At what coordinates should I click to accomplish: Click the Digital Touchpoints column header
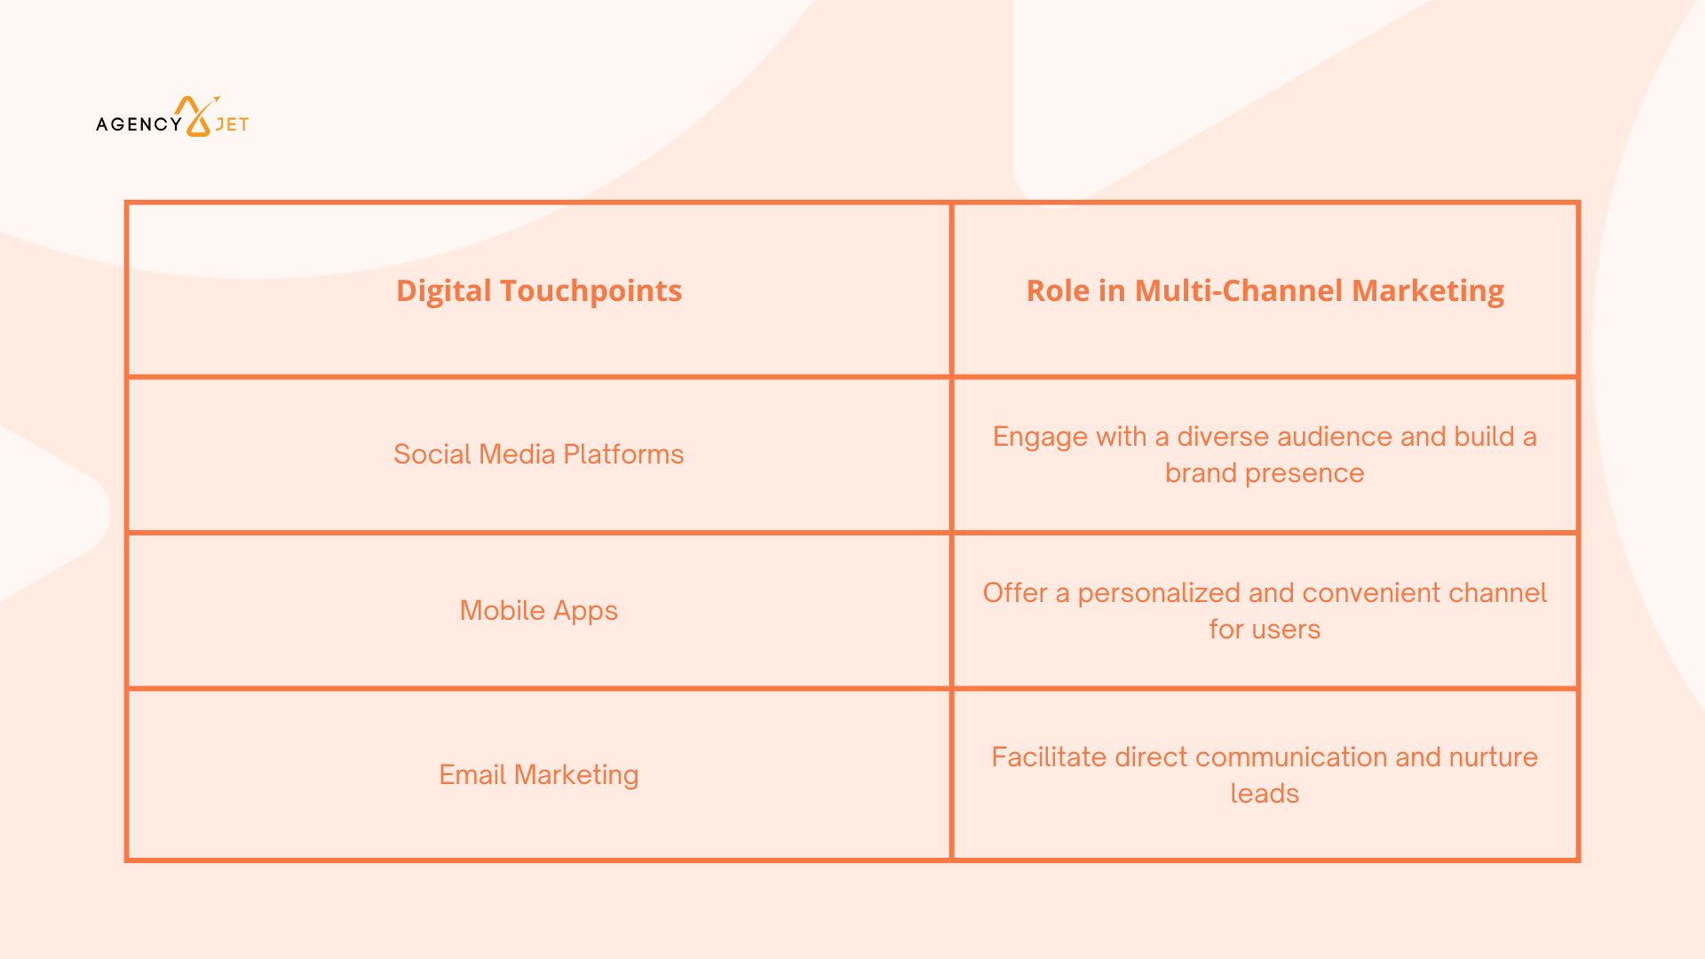(538, 290)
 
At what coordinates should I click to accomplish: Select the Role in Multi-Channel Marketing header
(1265, 290)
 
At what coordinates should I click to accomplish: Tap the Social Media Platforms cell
(538, 454)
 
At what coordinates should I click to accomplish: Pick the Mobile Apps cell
(538, 611)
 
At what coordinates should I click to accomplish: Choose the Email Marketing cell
(538, 774)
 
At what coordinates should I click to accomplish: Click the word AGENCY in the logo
(139, 124)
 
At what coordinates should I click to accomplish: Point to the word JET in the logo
(232, 124)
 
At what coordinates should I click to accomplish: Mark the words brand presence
(1265, 473)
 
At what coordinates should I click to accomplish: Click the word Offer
(1015, 592)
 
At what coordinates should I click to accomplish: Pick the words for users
(1265, 630)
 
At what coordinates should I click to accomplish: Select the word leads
(1265, 793)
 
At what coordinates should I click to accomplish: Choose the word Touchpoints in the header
(591, 290)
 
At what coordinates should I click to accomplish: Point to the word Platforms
(623, 454)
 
